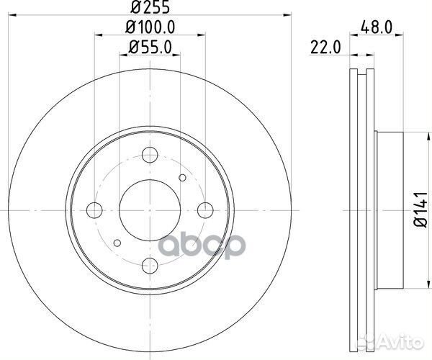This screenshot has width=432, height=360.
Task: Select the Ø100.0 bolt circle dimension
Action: point(150,30)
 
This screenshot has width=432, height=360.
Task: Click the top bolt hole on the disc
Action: point(150,155)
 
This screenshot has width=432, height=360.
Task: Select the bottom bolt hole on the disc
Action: point(150,264)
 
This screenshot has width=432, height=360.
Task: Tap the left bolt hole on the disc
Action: point(95,210)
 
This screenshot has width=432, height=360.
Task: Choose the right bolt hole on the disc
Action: point(204,210)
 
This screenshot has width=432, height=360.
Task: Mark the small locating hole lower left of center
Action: point(117,242)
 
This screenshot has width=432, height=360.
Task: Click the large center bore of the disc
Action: point(150,210)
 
